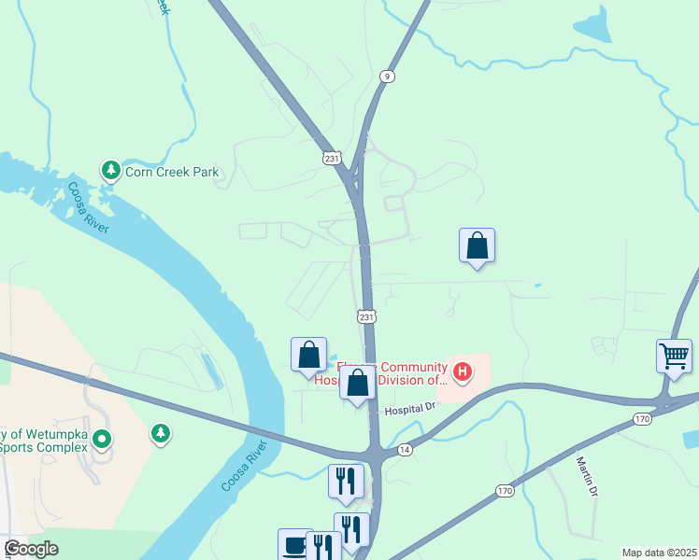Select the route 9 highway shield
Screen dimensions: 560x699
coord(385,75)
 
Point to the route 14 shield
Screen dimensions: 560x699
coord(404,450)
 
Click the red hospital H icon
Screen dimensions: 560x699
coord(460,373)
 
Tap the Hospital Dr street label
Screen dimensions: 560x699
coord(410,408)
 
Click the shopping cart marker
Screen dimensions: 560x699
coord(674,356)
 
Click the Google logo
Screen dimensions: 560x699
coord(30,549)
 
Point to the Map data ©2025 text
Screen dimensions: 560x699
coord(659,553)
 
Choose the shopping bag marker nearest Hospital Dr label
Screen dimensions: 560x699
coord(357,384)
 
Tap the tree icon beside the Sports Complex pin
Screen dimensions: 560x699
coord(162,433)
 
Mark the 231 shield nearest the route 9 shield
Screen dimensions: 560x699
coord(332,159)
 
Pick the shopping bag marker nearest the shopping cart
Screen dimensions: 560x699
coord(477,245)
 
